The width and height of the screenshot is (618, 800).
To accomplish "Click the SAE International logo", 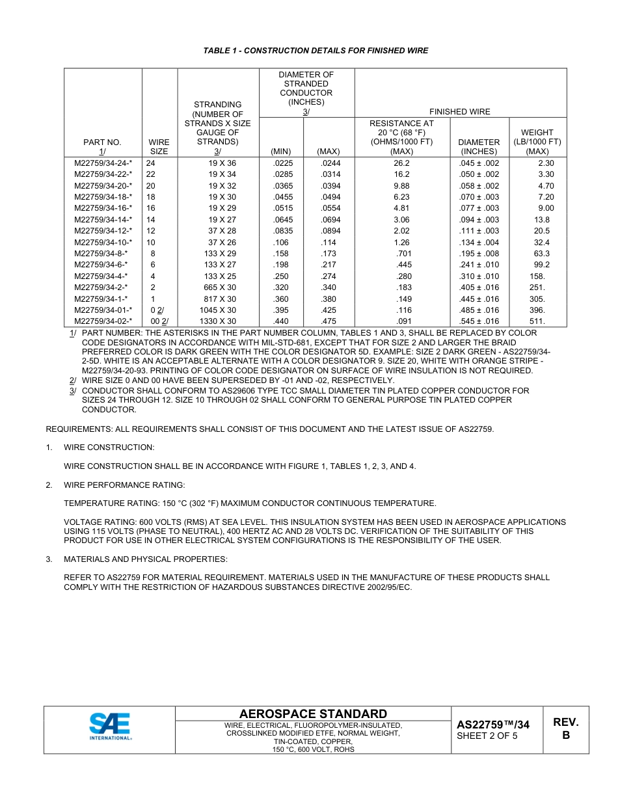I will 110,727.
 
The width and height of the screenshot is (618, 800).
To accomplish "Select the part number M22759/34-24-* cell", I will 103,163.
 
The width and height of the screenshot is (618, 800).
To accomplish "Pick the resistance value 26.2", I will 401,163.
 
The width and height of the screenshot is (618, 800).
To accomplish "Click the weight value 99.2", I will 541,265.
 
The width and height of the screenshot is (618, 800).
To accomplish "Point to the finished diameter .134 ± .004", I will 479,243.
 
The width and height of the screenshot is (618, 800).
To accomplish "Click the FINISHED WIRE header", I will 460,112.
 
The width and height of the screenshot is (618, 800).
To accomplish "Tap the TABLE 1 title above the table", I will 316,51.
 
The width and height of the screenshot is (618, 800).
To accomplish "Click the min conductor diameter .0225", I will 282,163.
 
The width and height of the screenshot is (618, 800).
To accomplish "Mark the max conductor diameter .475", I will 329,321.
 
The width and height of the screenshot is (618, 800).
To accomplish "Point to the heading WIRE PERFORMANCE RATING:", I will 124,485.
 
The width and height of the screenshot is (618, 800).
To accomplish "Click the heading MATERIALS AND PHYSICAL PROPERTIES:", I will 146,559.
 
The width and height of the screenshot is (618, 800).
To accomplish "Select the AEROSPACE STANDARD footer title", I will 313,713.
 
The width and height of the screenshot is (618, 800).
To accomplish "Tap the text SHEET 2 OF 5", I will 487,736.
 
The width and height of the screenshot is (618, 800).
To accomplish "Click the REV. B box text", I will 565,728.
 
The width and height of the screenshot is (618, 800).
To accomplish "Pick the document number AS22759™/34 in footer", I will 492,725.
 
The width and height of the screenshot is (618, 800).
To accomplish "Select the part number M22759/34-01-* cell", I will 103,310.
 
